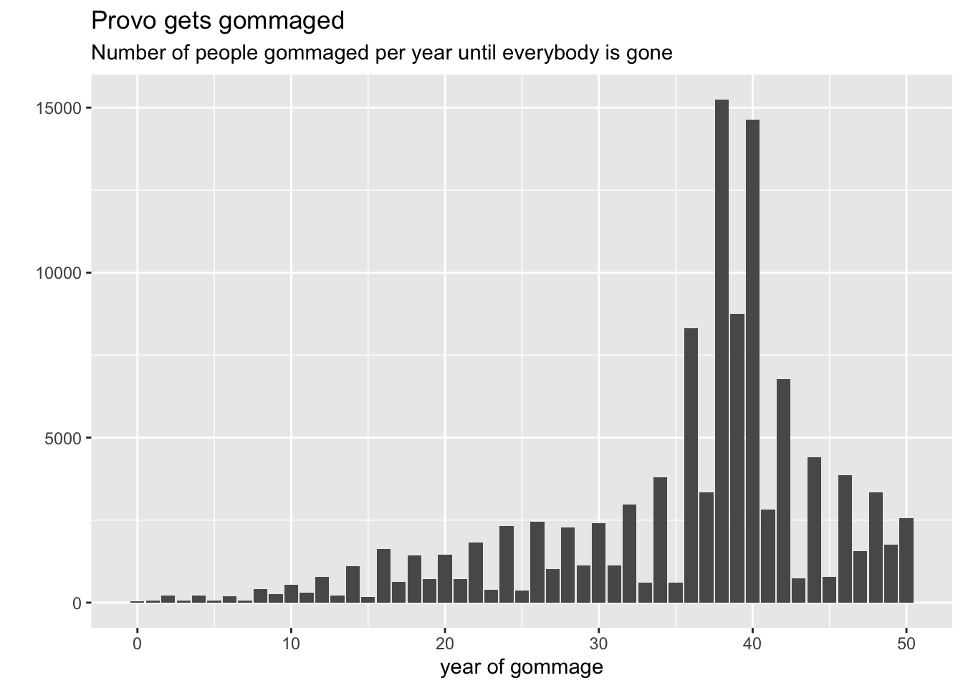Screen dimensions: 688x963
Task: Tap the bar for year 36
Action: pos(691,465)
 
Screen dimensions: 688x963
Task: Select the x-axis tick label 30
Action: pos(599,644)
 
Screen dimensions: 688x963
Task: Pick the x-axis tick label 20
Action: pos(445,644)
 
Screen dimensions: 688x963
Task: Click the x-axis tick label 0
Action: pos(137,644)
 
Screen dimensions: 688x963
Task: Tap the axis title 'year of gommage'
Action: pos(521,668)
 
